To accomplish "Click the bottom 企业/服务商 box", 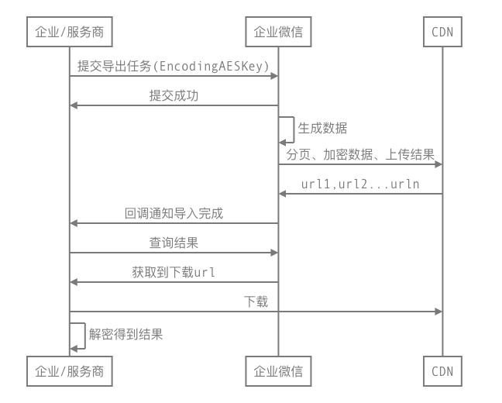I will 70,370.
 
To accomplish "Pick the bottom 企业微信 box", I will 278,370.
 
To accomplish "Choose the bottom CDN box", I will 442,370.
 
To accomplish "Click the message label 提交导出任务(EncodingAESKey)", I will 173,67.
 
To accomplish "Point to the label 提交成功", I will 174,96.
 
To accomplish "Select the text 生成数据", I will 323,128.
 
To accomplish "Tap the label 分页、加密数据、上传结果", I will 360,155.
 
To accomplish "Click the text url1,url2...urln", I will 360,184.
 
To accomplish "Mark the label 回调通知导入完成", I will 174,213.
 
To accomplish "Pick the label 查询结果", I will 174,243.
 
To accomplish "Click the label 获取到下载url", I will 174,272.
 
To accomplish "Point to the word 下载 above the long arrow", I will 256,301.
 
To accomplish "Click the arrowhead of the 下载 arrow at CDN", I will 438,312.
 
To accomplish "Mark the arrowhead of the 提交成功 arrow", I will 74,105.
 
